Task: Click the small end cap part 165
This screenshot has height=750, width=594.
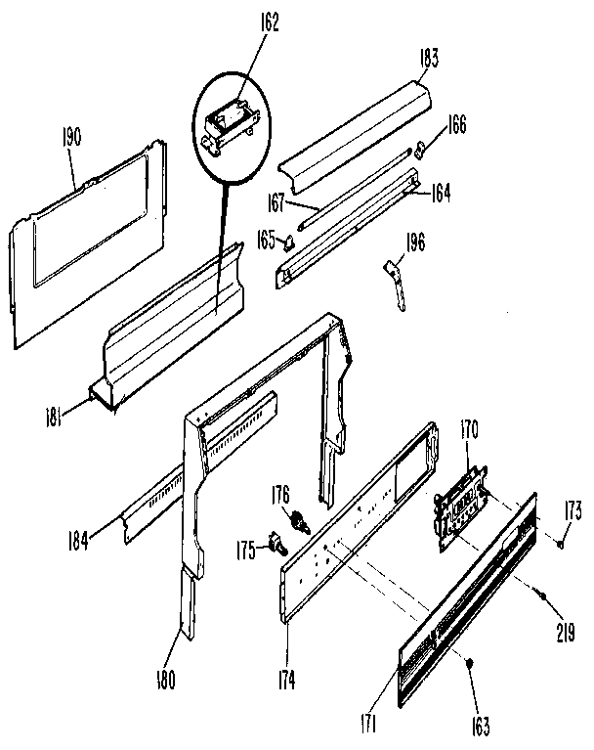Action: (289, 243)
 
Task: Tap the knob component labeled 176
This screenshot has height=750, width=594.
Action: (299, 520)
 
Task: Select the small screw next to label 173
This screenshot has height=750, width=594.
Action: (554, 539)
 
